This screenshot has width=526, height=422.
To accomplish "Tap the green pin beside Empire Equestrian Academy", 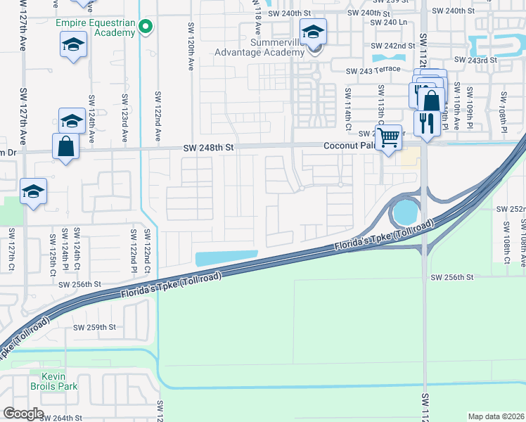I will [146, 27].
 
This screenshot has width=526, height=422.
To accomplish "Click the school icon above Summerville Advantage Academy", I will [314, 32].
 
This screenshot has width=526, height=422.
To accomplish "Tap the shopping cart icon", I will [388, 138].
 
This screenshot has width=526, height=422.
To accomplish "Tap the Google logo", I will [23, 414].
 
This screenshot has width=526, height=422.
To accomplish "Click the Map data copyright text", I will [495, 416].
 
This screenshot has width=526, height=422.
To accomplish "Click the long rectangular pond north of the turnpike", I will [226, 259].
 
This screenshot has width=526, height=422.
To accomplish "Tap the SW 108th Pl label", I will [503, 108].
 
